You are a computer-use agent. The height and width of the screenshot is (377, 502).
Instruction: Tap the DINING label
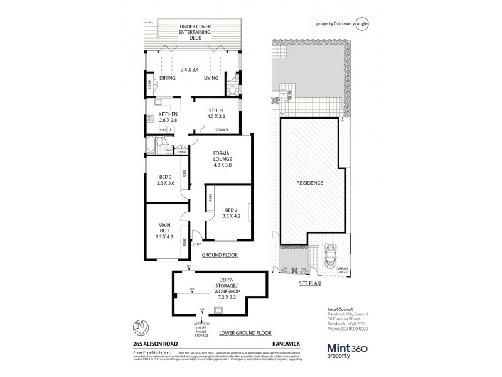pos(167,78)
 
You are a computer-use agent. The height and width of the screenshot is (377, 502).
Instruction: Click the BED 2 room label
pos(232,213)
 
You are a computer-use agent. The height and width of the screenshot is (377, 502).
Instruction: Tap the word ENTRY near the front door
pos(196,244)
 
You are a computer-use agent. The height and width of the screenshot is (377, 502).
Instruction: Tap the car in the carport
pos(332,257)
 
